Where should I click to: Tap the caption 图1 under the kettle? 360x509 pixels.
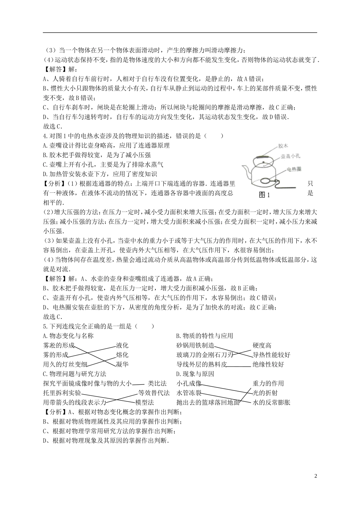[x=263, y=195]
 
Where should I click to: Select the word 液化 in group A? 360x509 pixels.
[x=122, y=345]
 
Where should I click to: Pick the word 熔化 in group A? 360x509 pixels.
[x=122, y=355]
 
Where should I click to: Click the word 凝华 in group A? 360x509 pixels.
[x=122, y=364]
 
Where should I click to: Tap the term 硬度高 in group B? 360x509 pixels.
[x=262, y=345]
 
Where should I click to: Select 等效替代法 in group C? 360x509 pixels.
[x=154, y=393]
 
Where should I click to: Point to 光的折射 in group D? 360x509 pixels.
[x=265, y=393]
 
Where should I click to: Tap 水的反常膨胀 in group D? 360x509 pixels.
[x=271, y=402]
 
